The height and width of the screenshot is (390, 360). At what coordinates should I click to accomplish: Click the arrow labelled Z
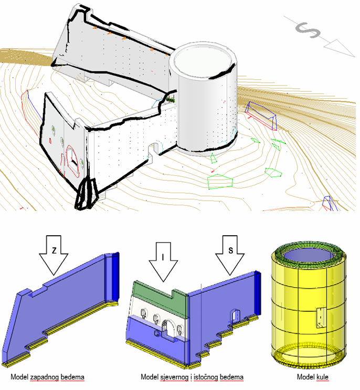54,255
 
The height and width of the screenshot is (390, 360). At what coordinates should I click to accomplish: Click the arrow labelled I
163,261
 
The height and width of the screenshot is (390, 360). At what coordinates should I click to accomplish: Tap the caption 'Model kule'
313,377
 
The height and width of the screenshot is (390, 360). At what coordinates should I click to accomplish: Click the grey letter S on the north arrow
308,30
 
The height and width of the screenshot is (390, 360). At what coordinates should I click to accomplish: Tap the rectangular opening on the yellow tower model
321,318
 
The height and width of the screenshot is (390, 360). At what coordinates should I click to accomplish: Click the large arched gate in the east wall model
168,329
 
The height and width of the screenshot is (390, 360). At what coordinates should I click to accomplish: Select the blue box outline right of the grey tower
262,115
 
